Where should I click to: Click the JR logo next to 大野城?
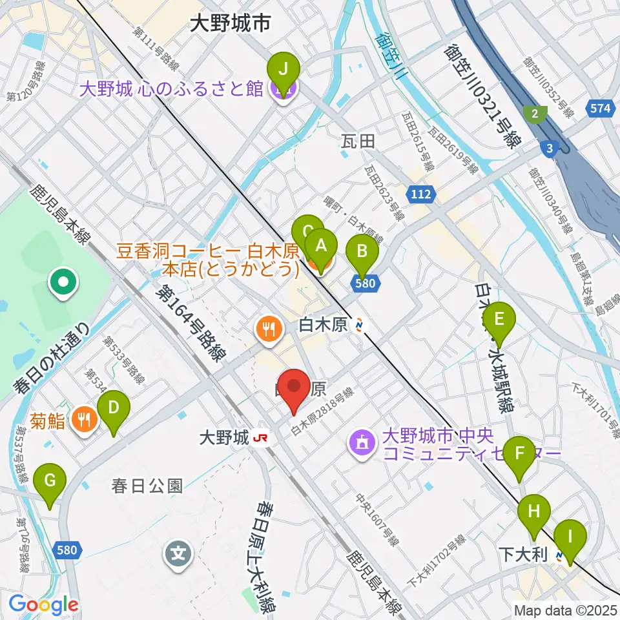[262, 439]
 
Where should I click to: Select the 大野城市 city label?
[229, 25]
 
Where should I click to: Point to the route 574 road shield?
[600, 108]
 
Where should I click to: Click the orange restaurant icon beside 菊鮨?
[83, 420]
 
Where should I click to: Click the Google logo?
[43, 604]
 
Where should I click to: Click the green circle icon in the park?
[64, 282]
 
